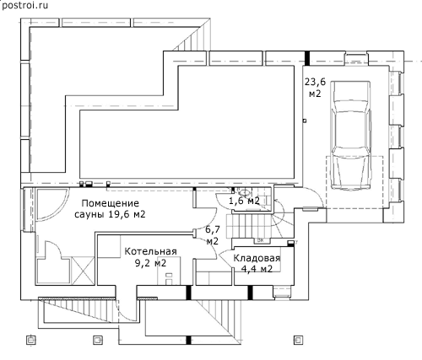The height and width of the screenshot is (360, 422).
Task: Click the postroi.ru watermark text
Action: tap(24, 5)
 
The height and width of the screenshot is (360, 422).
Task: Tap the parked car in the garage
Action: tap(351, 136)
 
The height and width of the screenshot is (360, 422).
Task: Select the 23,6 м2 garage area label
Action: tap(315, 88)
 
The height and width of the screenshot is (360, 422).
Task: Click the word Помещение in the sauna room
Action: tap(111, 203)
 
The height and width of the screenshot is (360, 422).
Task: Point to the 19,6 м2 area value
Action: tap(127, 215)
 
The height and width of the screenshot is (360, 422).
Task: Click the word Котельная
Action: tap(150, 251)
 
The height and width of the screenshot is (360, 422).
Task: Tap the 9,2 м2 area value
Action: tap(150, 263)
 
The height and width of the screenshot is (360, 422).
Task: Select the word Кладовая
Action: tap(257, 258)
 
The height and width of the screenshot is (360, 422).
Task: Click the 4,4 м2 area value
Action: tap(257, 269)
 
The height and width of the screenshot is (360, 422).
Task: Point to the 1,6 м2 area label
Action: tap(244, 201)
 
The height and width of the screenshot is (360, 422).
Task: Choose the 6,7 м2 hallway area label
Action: tap(213, 235)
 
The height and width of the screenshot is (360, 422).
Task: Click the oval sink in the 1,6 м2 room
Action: tap(244, 193)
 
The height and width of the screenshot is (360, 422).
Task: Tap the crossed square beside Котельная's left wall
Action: tap(83, 271)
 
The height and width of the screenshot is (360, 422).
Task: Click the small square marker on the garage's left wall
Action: tap(304, 121)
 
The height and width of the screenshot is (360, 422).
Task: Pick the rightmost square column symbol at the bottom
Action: tap(298, 340)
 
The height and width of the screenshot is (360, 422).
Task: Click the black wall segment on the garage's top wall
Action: tap(308, 58)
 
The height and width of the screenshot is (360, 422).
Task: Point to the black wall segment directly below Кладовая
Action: tap(250, 293)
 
